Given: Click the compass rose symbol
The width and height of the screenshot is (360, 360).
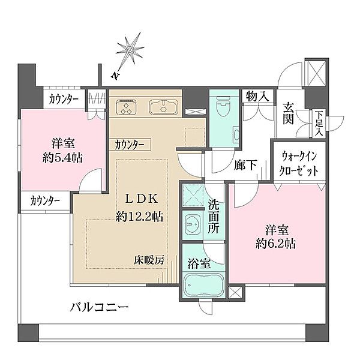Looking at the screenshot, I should pyautogui.click(x=129, y=52).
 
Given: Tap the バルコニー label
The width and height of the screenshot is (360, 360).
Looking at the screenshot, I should pyautogui.click(x=100, y=308).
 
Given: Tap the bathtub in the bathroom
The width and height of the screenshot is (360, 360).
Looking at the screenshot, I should pyautogui.click(x=203, y=282).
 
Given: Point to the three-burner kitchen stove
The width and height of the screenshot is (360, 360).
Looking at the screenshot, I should pyautogui.click(x=127, y=109).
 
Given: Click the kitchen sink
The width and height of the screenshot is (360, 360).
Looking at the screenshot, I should pyautogui.click(x=162, y=109).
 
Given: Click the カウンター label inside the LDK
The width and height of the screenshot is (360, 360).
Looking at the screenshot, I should pyautogui.click(x=130, y=145).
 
